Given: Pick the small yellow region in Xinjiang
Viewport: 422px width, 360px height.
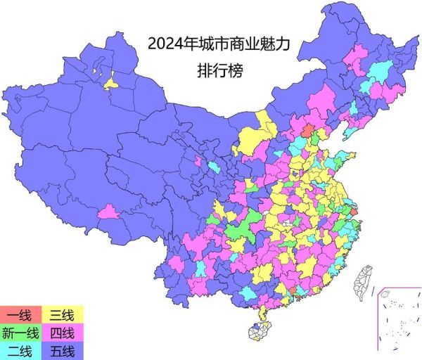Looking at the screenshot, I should [111, 83].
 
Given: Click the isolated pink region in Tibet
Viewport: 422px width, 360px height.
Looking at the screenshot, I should [109, 211].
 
